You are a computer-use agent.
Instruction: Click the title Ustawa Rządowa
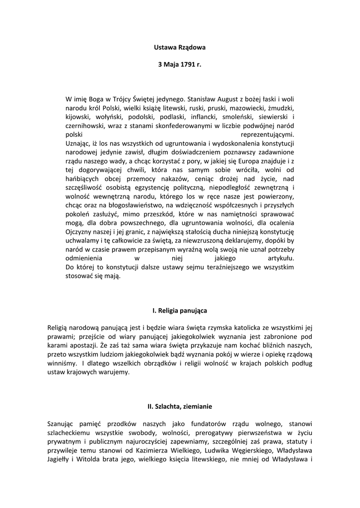[x=180, y=48]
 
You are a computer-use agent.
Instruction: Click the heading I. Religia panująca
[x=180, y=310]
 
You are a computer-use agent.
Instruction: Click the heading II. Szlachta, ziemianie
[x=180, y=406]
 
